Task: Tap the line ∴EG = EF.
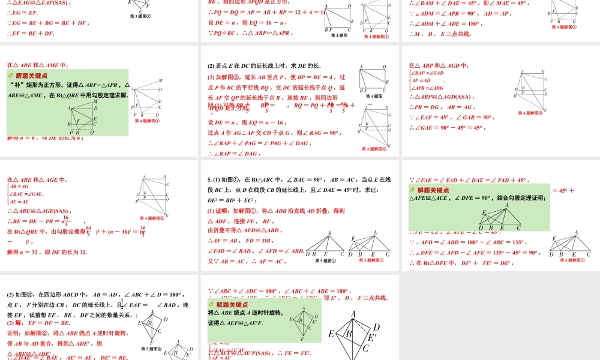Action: coord(21,13)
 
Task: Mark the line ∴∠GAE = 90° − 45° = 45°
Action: coord(447,127)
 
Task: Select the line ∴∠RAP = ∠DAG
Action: coord(234,154)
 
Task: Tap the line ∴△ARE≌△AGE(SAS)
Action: coord(38,211)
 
